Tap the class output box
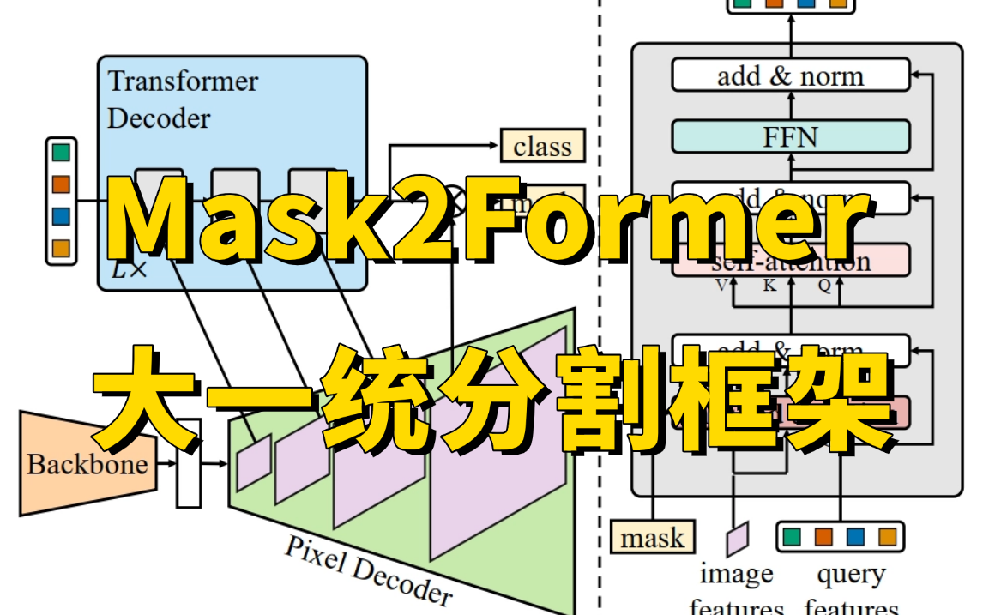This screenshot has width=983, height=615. click(x=542, y=147)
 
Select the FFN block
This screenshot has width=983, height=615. click(x=790, y=136)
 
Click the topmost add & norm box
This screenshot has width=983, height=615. click(x=790, y=75)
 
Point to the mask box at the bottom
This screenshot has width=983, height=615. click(x=653, y=538)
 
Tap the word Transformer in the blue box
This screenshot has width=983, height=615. click(x=183, y=81)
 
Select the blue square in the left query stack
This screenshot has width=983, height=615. click(x=61, y=215)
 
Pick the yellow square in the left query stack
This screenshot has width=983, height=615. click(x=61, y=247)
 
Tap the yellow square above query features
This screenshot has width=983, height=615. click(x=887, y=537)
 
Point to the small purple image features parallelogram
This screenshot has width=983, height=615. click(x=737, y=538)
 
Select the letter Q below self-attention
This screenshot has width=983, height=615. click(x=824, y=286)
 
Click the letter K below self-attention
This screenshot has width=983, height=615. click(x=769, y=286)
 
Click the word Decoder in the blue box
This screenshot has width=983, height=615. click(x=159, y=118)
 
